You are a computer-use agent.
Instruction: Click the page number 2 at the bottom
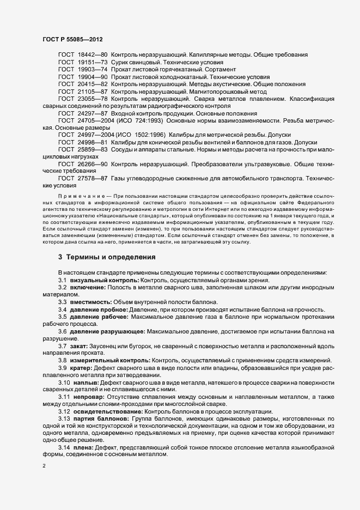coord(44,466)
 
